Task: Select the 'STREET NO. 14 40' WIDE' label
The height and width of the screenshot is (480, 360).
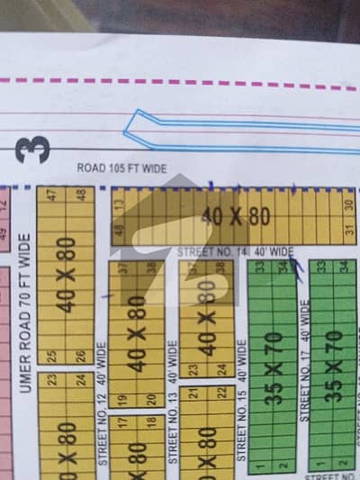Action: [236, 251]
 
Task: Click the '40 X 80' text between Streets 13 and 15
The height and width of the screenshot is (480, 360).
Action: [206, 315]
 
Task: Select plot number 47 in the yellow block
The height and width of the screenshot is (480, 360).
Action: [53, 195]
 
